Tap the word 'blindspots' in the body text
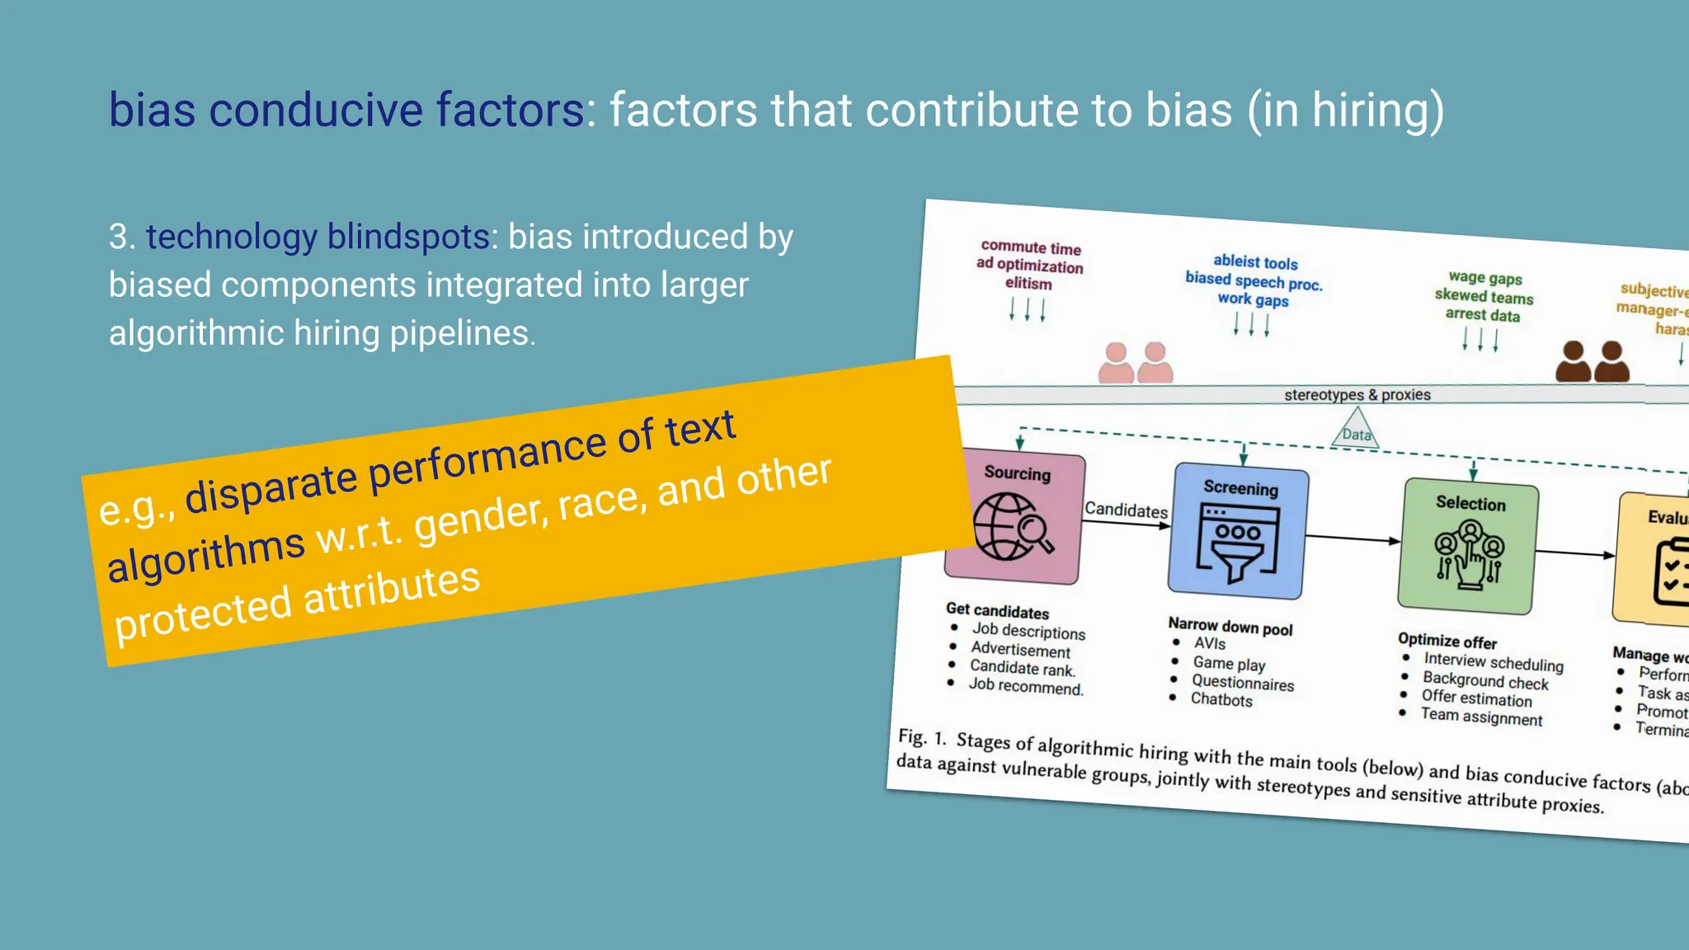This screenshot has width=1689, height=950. point(408,237)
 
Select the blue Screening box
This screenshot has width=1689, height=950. point(1238,532)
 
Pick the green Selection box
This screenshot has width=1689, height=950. point(1468,547)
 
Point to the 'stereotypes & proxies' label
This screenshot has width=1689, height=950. point(1357,395)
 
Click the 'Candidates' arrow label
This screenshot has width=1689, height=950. point(1126,510)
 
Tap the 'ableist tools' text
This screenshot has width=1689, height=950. point(1255,262)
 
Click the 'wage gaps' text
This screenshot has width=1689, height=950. point(1485,278)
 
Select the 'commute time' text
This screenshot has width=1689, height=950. point(1031,247)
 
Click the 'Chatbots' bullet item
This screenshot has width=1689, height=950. point(1221,699)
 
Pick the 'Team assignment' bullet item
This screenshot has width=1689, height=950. point(1481,717)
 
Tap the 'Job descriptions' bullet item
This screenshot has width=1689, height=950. point(1028,631)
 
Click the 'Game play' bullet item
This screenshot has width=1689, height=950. point(1229,663)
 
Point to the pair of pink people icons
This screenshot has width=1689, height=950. point(1136,364)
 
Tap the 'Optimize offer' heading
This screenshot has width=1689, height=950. point(1447,641)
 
